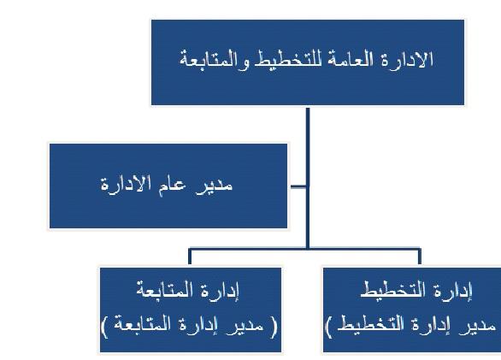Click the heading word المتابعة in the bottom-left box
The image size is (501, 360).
click(x=168, y=290)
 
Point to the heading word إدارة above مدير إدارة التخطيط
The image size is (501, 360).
click(x=454, y=291)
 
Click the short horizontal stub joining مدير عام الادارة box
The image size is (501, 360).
click(x=298, y=186)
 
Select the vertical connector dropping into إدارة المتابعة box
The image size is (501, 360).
click(x=190, y=257)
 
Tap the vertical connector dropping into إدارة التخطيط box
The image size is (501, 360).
click(x=420, y=257)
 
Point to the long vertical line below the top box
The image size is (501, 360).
click(x=308, y=178)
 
